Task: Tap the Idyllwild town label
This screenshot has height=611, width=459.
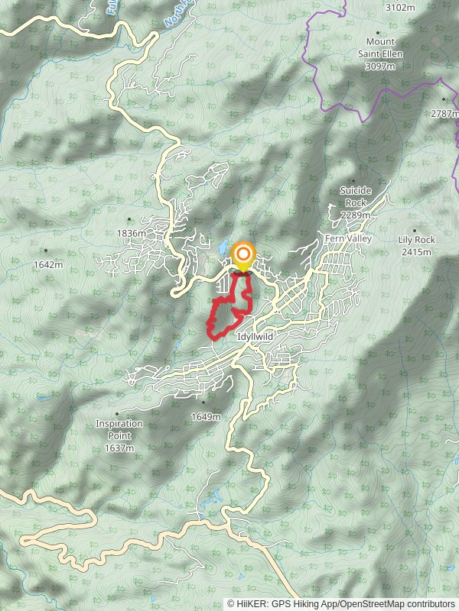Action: pos(256,335)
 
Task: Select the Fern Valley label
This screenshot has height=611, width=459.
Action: pos(348,239)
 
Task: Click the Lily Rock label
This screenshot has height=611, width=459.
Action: pos(416,240)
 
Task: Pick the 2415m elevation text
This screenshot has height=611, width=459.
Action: pos(416,251)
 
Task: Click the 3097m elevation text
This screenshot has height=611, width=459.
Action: pos(380,66)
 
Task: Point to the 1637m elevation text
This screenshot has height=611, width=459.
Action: pos(119,448)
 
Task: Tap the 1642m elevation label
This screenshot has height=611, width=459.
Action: pos(47,264)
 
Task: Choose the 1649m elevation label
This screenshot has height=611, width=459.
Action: pos(205,417)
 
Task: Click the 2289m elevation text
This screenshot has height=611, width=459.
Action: pos(356,215)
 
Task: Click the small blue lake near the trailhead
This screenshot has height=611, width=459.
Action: pos(222,249)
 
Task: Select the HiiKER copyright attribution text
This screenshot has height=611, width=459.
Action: pos(342,603)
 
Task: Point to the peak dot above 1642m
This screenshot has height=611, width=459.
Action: pos(46,251)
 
